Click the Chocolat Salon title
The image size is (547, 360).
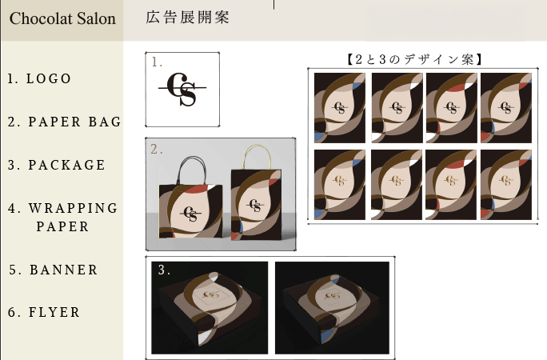pos(62,18)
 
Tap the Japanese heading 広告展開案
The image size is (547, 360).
pos(187,17)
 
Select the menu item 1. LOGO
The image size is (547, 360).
pos(39,78)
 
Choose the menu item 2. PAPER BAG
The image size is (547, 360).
pos(65,122)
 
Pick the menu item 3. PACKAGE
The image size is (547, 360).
pos(57,165)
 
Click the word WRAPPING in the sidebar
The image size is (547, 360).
pos(74,208)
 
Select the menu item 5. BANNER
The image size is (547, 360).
pos(54,270)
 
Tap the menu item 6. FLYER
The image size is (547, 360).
pos(44,312)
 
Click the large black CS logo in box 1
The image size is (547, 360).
pos(182,90)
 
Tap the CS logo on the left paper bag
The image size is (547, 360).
pos(191,214)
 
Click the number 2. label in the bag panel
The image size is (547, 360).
pos(156,150)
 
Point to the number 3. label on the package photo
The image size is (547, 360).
pos(164,270)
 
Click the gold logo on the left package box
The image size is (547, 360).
pos(210,294)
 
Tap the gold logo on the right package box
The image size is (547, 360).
pos(333,295)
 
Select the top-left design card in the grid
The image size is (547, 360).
pos(340,108)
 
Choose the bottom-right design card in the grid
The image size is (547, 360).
pos(506,185)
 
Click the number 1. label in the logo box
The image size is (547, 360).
pos(157,62)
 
